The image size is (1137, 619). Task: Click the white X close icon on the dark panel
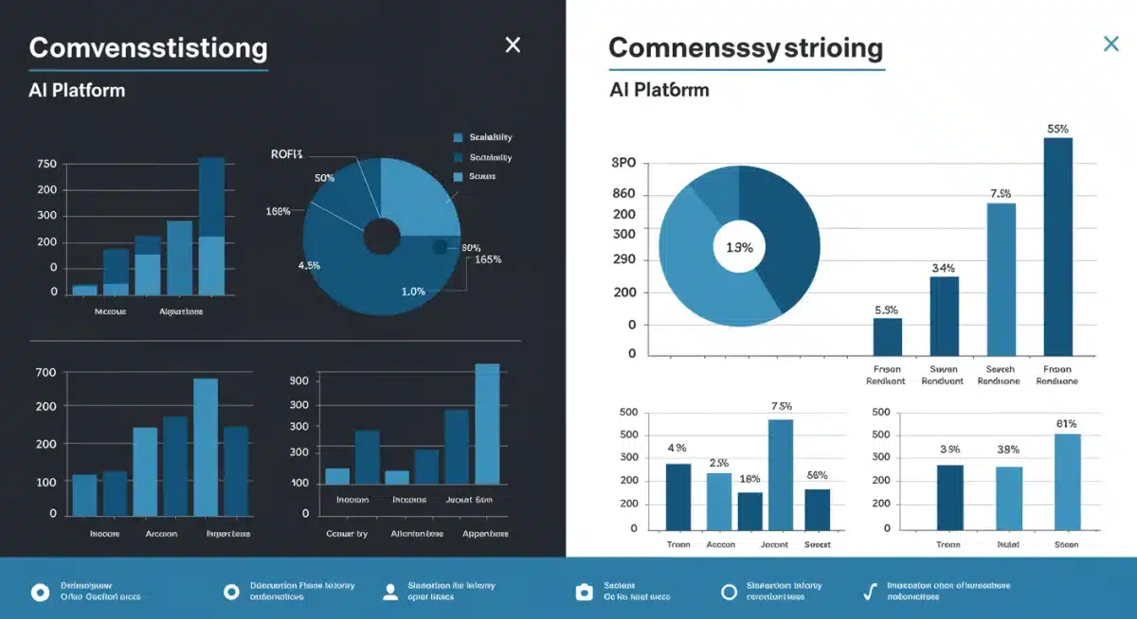point(513,44)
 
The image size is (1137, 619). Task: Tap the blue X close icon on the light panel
point(1111,44)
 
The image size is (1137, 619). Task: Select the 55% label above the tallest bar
point(1057,129)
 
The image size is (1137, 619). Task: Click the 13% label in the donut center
point(738,248)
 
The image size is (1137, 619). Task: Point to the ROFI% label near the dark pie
point(286,154)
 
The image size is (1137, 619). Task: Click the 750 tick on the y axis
point(46,164)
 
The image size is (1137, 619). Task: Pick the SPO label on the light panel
point(623,163)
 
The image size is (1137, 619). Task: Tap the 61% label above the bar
point(1067,424)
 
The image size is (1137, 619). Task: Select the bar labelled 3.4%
point(944,316)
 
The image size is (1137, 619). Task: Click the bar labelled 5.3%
point(887,337)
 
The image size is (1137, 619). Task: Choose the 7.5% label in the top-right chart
point(1001,194)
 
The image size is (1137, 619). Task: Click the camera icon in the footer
point(585,592)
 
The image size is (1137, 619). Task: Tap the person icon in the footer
point(389,592)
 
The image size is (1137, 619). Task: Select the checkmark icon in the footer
point(869,592)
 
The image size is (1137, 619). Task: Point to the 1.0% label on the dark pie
point(413,292)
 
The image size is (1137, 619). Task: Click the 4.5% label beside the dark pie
point(309,266)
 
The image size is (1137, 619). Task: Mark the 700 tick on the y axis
point(46,372)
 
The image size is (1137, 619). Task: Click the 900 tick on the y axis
point(299,380)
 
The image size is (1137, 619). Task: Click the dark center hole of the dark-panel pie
point(381,237)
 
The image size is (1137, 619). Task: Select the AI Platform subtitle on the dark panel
point(77,91)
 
